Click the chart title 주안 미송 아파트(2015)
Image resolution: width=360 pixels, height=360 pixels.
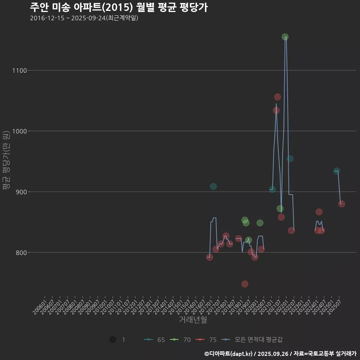[118, 7]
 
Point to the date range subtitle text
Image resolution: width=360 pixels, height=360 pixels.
[84, 18]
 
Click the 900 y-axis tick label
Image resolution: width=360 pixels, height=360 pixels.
[19, 192]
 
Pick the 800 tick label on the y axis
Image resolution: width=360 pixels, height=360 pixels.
[19, 253]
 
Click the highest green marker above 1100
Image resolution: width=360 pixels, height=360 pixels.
[285, 37]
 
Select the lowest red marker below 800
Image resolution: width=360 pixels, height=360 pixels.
[245, 284]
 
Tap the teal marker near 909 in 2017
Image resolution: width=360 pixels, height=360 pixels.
[213, 186]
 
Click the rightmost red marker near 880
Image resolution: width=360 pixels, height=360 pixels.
[342, 204]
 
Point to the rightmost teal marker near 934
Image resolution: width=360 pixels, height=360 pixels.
[337, 171]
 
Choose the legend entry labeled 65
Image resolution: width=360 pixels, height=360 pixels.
[154, 340]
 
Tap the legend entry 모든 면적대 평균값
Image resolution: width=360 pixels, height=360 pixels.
[252, 340]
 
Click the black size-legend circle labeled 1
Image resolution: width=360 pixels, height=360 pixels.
[112, 340]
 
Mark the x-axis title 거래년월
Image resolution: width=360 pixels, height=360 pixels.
[193, 320]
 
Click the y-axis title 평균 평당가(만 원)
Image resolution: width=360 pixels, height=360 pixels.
[6, 161]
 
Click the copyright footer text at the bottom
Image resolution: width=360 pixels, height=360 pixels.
[280, 354]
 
